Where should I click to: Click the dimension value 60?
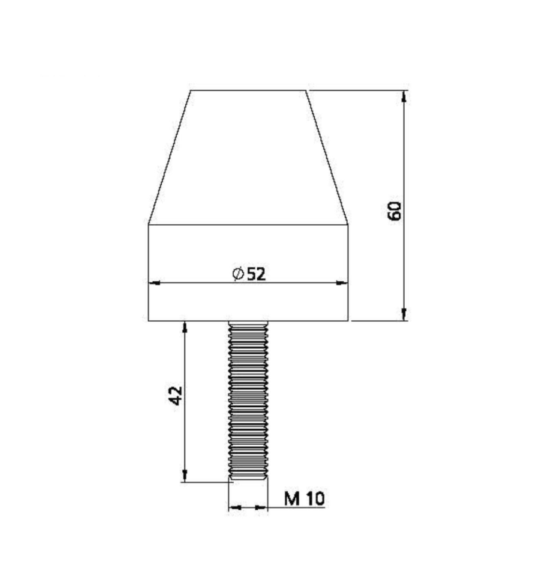tap(394, 211)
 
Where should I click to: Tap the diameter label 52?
tap(256, 274)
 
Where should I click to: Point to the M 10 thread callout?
tap(304, 499)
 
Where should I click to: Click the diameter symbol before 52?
tap(238, 274)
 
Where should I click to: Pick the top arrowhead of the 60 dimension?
tap(404, 97)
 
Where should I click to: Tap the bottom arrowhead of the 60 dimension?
tap(404, 314)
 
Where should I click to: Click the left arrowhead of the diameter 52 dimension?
tap(154, 283)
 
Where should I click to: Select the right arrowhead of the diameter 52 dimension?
tap(342, 283)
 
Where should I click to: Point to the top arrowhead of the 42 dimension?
tap(185, 327)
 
